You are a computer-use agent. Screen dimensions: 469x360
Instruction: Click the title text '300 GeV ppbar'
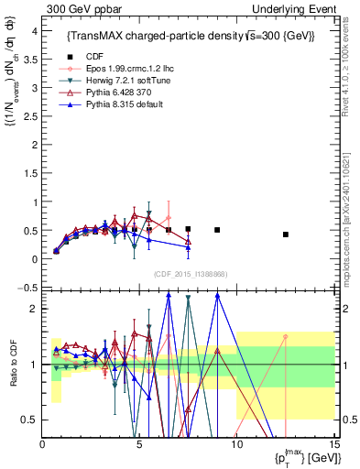[78, 8]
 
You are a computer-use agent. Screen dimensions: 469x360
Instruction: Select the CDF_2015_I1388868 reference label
[190, 273]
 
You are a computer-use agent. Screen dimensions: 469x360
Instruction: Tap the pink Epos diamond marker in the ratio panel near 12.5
[286, 336]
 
